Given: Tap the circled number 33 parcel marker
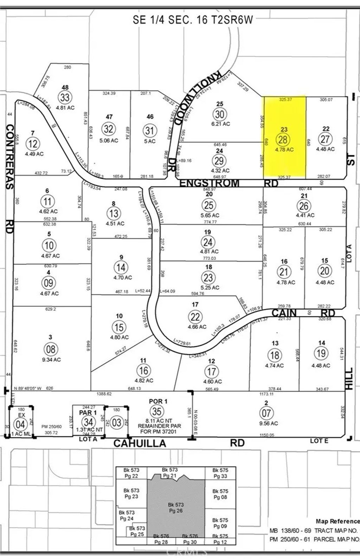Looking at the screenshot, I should (x=65, y=97).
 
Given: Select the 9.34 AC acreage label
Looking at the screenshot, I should (x=51, y=360).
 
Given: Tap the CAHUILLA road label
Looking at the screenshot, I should (x=140, y=443).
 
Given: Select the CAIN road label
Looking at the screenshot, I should (x=284, y=313).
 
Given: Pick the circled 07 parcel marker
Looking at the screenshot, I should (x=266, y=413).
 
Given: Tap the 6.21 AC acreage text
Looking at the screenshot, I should (x=221, y=124).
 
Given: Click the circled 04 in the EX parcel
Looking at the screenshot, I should (x=20, y=424).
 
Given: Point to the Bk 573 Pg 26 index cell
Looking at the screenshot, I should (x=176, y=508).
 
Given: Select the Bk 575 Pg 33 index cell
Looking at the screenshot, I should (x=220, y=473).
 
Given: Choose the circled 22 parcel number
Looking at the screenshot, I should (x=195, y=317).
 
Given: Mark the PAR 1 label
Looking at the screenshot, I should (x=88, y=412).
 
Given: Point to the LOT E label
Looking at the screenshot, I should (x=319, y=441).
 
